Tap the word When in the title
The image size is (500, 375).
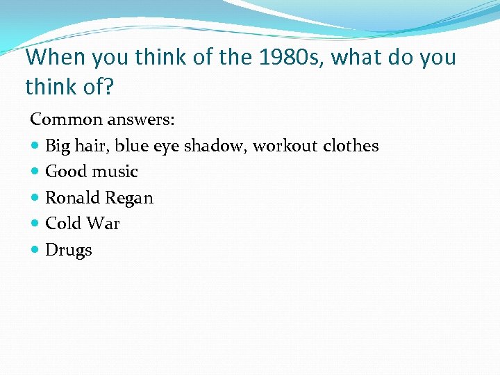51,57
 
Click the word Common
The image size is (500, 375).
63,119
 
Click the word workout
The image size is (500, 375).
285,146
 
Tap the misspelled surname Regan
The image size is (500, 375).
129,199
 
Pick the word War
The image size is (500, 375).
102,224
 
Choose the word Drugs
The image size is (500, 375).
68,251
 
